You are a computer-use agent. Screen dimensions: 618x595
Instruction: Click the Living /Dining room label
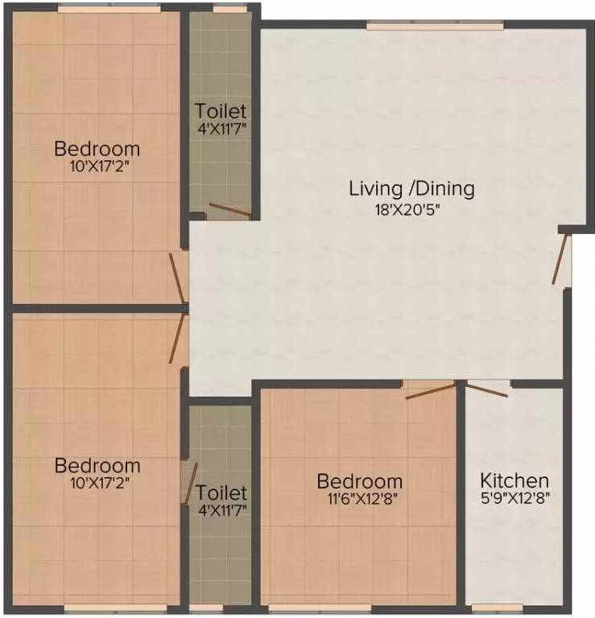(411, 189)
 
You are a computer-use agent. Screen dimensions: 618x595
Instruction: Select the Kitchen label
(514, 480)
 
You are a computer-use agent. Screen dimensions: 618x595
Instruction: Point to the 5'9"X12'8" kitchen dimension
(514, 498)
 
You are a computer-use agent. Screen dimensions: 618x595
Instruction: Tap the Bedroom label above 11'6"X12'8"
(359, 481)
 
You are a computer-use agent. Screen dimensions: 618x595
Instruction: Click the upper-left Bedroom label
(97, 149)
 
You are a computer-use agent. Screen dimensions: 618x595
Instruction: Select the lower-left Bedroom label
(97, 465)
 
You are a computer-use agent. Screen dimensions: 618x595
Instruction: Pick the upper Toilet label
(220, 111)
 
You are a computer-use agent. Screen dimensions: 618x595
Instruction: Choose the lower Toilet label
(220, 491)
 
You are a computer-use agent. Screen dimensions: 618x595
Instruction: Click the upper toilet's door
(229, 211)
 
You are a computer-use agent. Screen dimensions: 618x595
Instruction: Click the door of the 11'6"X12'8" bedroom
(431, 392)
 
